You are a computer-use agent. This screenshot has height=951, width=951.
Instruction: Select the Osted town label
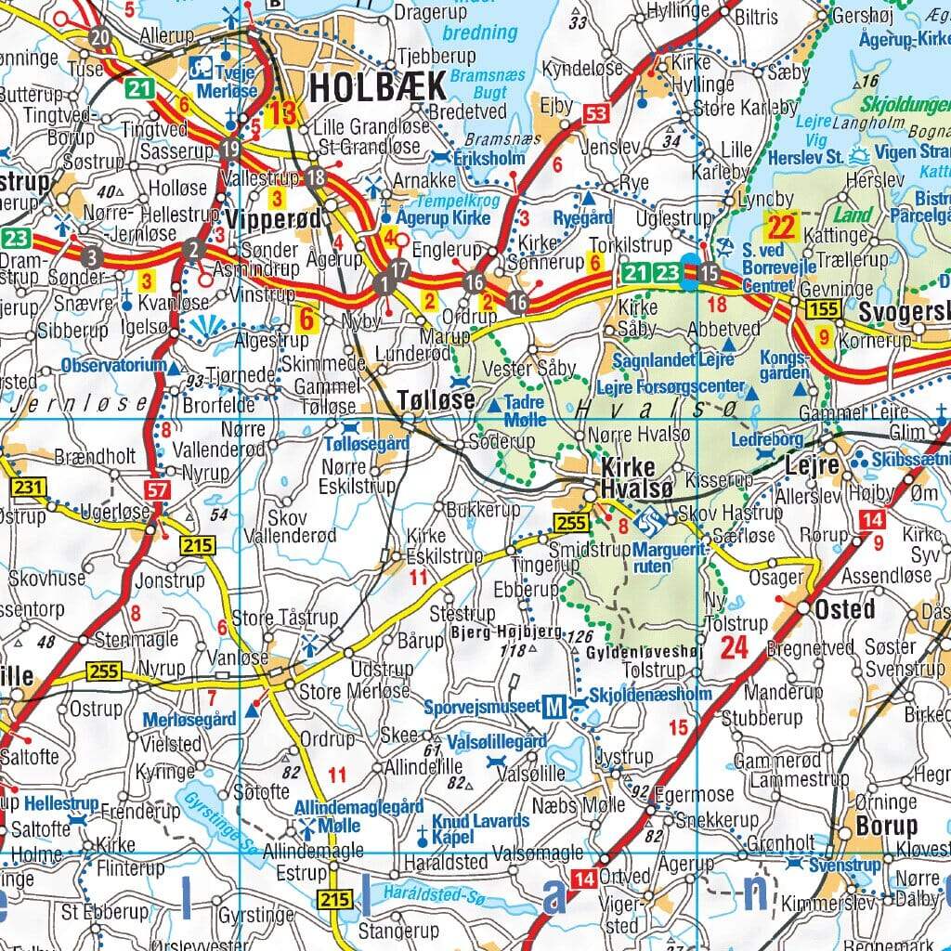pos(844,609)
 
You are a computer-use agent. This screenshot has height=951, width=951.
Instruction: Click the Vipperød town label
pos(273,221)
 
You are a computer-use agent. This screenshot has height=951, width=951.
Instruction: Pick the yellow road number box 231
pos(28,487)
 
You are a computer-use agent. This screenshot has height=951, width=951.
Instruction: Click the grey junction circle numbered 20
pos(100,37)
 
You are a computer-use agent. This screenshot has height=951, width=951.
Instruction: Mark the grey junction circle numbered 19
pos(232,148)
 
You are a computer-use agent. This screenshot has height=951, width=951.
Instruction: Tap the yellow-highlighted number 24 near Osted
pos(734,647)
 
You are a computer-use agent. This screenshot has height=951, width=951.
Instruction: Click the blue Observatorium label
pos(114,366)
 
